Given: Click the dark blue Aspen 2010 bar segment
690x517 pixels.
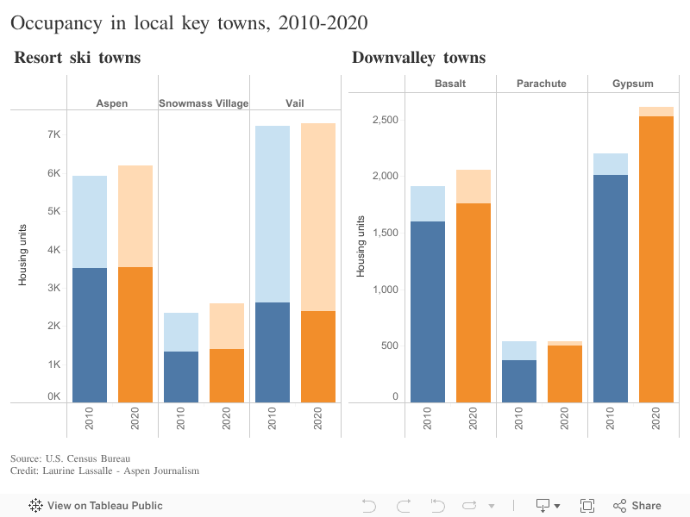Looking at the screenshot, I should coord(90,334).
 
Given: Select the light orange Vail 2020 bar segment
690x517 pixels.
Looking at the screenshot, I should coord(318,216).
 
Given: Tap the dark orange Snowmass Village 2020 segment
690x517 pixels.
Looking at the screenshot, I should coord(227,375).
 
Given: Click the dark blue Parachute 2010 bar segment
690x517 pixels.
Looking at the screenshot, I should coord(519,381).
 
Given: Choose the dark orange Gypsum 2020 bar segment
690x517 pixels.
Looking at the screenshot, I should coord(656,258).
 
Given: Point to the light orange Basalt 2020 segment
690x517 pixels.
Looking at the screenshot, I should coord(474,186).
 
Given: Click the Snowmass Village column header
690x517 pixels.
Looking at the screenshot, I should coord(204,103).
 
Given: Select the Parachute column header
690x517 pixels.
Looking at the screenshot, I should coord(542,84).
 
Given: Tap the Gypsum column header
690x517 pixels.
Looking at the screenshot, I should coord(633,84).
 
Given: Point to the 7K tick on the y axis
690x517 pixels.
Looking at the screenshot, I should coord(53,134).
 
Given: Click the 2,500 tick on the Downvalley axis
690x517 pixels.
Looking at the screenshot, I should coord(385,119).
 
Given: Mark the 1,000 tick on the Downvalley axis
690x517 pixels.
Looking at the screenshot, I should coord(385,289).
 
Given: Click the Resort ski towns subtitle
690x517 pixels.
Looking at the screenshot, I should coord(78,58).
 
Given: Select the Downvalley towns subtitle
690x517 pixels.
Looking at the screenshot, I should coord(418,58).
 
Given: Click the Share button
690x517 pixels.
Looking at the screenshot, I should coord(637,506).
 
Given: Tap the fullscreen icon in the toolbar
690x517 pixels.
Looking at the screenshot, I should coord(587,506).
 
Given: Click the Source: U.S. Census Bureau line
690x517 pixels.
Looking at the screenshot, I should coord(70,458).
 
